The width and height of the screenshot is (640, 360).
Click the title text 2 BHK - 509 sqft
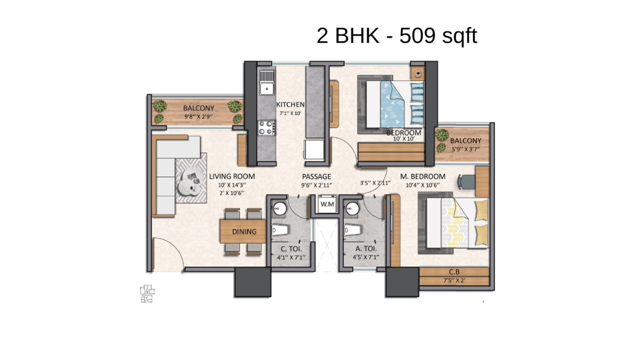click(397, 36)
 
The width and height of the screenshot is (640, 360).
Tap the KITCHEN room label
click(290, 104)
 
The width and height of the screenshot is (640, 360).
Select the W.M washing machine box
click(327, 204)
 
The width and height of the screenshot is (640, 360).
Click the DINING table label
click(244, 231)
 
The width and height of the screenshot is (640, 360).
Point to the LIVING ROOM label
click(232, 176)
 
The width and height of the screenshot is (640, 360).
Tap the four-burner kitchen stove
click(266, 127)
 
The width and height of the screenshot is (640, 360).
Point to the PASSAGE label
click(316, 176)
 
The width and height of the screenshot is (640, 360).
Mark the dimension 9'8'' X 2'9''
click(198, 116)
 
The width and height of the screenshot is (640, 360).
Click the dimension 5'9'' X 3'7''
click(465, 149)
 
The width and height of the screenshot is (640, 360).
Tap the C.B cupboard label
click(454, 272)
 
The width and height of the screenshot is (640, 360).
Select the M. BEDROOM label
click(422, 176)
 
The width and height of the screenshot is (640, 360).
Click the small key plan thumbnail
click(147, 293)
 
